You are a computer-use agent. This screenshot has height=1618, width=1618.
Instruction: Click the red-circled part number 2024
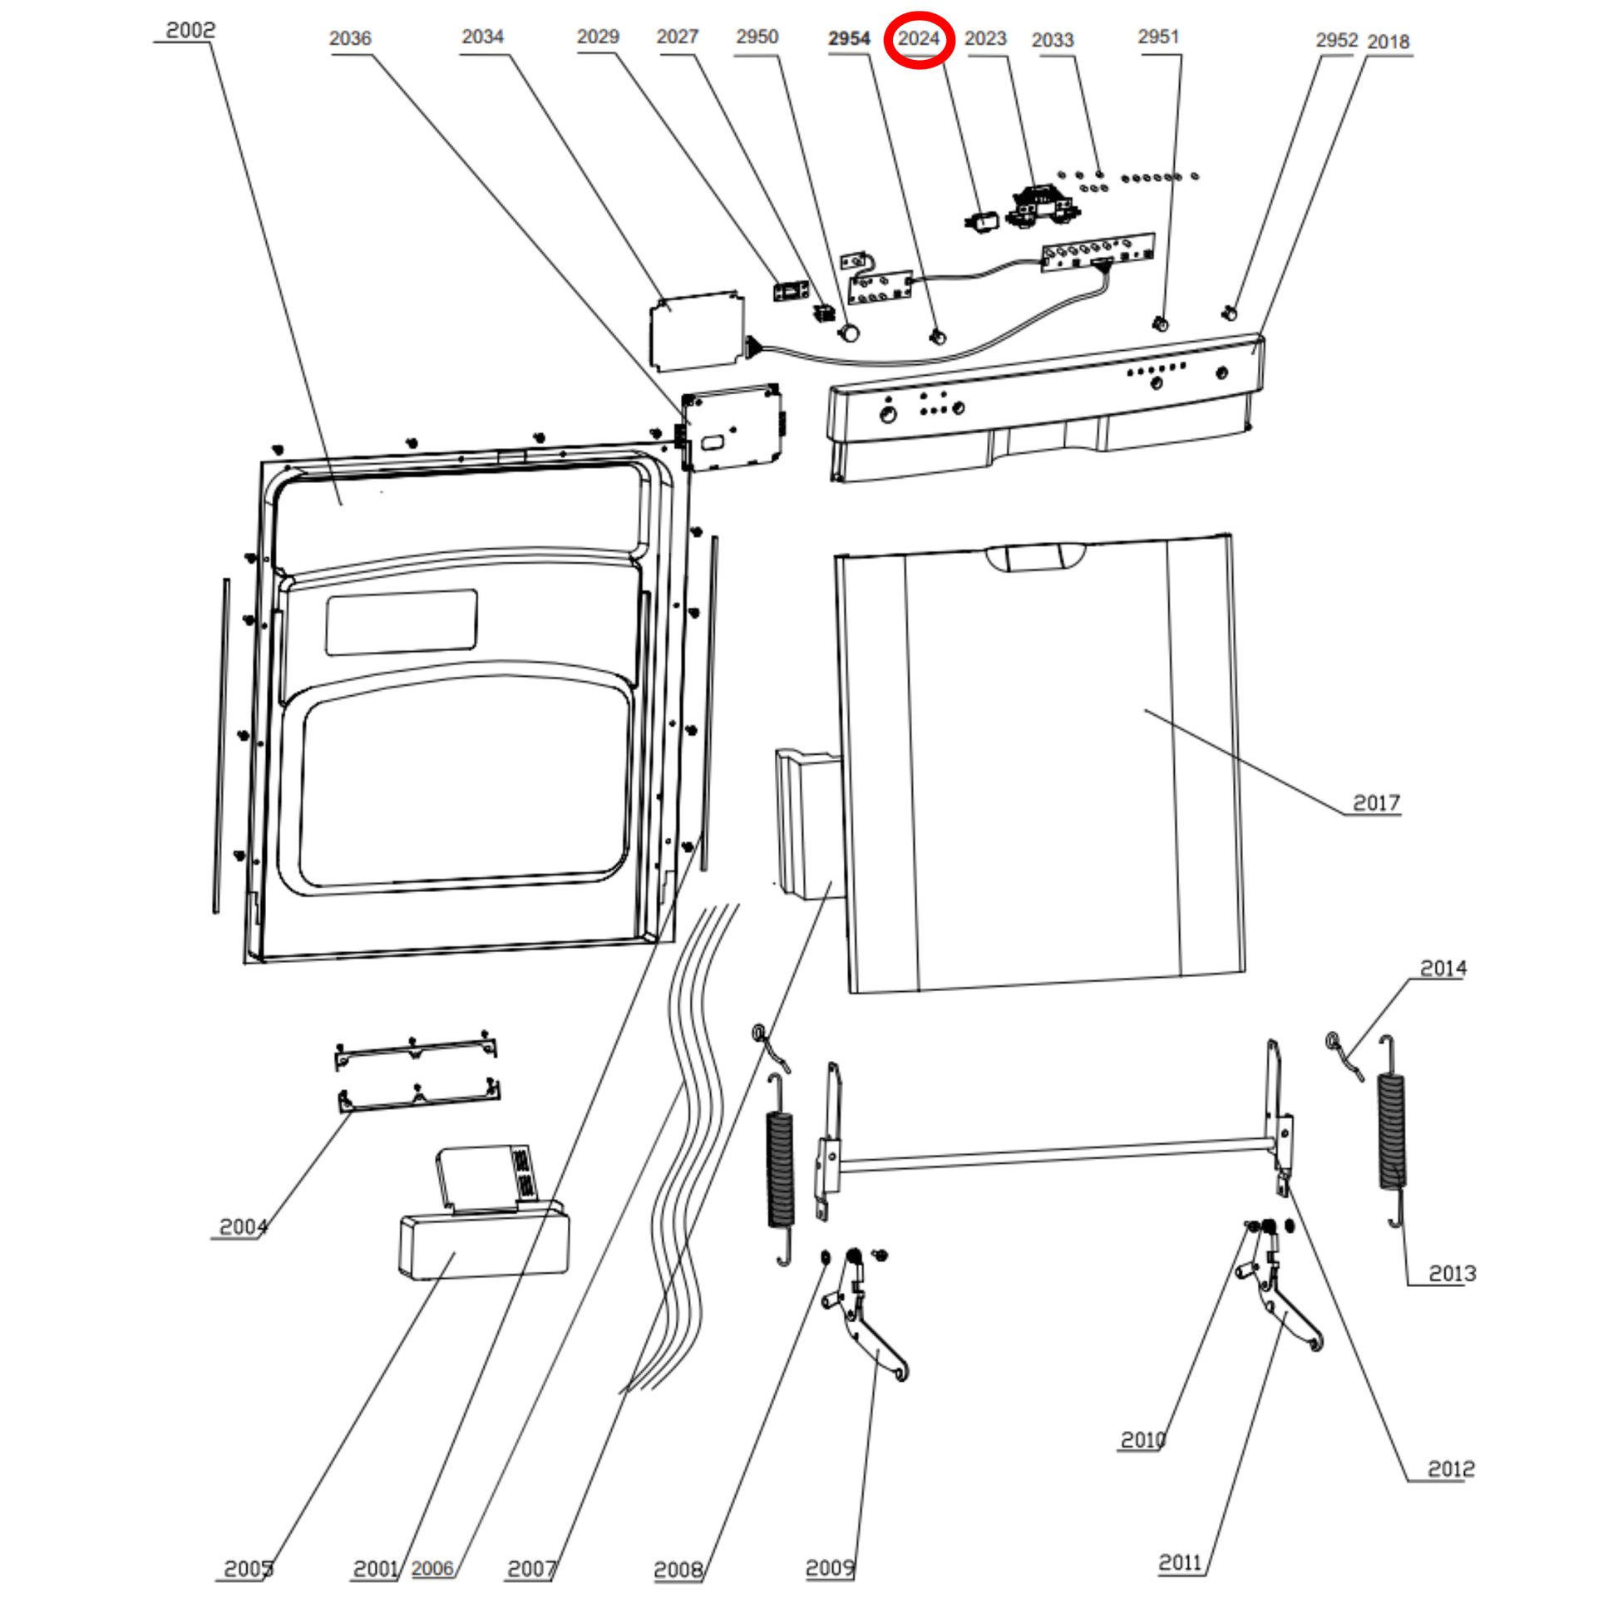[918, 39]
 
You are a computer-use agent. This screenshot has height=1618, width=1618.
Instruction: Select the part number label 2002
[190, 31]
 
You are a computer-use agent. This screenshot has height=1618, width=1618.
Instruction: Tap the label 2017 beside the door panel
[1376, 803]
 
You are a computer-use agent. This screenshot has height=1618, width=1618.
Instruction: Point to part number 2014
[1443, 968]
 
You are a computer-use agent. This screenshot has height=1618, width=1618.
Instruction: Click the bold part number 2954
[849, 38]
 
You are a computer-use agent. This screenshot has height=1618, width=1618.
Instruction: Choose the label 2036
[349, 38]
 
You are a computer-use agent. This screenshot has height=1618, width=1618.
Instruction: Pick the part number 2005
[248, 1569]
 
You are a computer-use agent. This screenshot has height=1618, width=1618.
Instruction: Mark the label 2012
[1452, 1469]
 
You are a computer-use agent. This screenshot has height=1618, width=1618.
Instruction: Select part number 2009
[829, 1568]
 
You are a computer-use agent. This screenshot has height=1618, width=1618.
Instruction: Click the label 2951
[1158, 37]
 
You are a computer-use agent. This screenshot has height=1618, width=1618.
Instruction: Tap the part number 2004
[243, 1227]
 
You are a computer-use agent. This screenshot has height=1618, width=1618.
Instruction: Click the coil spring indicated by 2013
[1392, 1131]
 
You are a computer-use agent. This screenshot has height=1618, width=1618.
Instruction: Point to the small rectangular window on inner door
[401, 622]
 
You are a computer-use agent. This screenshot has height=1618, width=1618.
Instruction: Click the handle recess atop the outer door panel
[1035, 557]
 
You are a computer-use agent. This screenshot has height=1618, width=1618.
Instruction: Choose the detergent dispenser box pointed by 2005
[484, 1246]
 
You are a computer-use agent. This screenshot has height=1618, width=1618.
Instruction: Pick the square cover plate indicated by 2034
[696, 332]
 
